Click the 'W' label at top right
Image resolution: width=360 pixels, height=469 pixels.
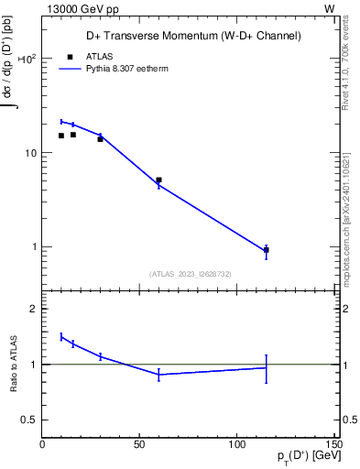[x=330, y=7]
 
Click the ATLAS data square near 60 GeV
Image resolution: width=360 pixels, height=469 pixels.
[x=158, y=180]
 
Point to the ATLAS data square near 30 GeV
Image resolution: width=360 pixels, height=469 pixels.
[x=100, y=139]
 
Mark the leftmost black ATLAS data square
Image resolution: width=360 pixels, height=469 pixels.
[x=61, y=136]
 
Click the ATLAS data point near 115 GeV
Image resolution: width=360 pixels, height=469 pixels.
[x=266, y=250]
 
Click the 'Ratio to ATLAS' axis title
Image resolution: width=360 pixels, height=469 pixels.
[x=12, y=365]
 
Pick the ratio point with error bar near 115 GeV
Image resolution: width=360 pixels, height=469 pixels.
[x=266, y=368]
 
